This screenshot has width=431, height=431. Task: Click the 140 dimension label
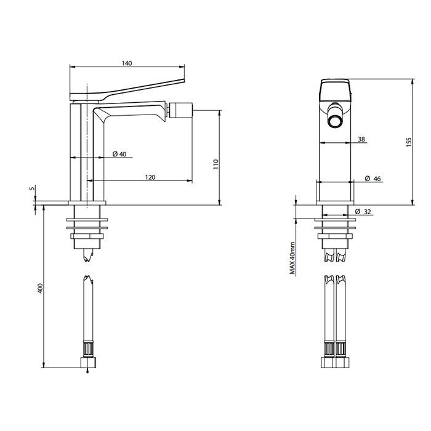click(x=127, y=63)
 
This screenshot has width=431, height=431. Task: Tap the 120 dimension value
click(x=150, y=177)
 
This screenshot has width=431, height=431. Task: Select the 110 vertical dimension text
click(x=216, y=164)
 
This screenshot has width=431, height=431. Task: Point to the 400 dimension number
click(x=41, y=288)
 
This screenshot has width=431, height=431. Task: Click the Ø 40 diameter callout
click(x=119, y=154)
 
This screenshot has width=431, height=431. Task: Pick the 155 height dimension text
click(x=409, y=142)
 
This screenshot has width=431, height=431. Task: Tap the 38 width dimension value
click(x=361, y=139)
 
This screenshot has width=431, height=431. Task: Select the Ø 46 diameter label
click(x=373, y=179)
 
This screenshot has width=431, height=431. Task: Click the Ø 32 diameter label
click(x=363, y=212)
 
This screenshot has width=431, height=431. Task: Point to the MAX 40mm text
click(x=292, y=259)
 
